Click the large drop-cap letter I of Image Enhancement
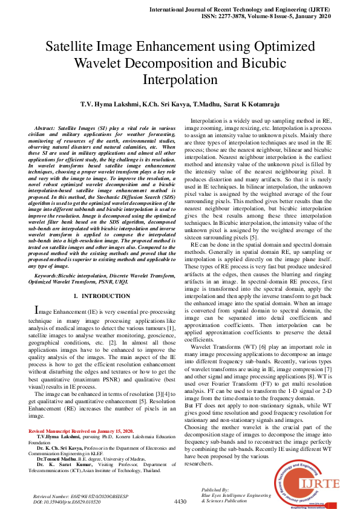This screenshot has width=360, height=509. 36,310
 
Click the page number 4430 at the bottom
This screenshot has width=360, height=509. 180,502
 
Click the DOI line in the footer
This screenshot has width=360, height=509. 68,502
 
